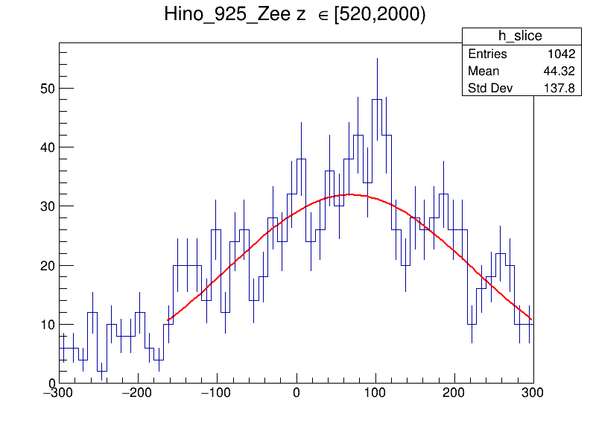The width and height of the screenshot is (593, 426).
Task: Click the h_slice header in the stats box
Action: click(x=521, y=36)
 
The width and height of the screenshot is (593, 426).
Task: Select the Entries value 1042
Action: click(x=562, y=54)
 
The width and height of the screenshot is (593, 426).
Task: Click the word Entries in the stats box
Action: click(x=487, y=54)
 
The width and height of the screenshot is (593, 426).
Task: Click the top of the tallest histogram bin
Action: click(x=377, y=100)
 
